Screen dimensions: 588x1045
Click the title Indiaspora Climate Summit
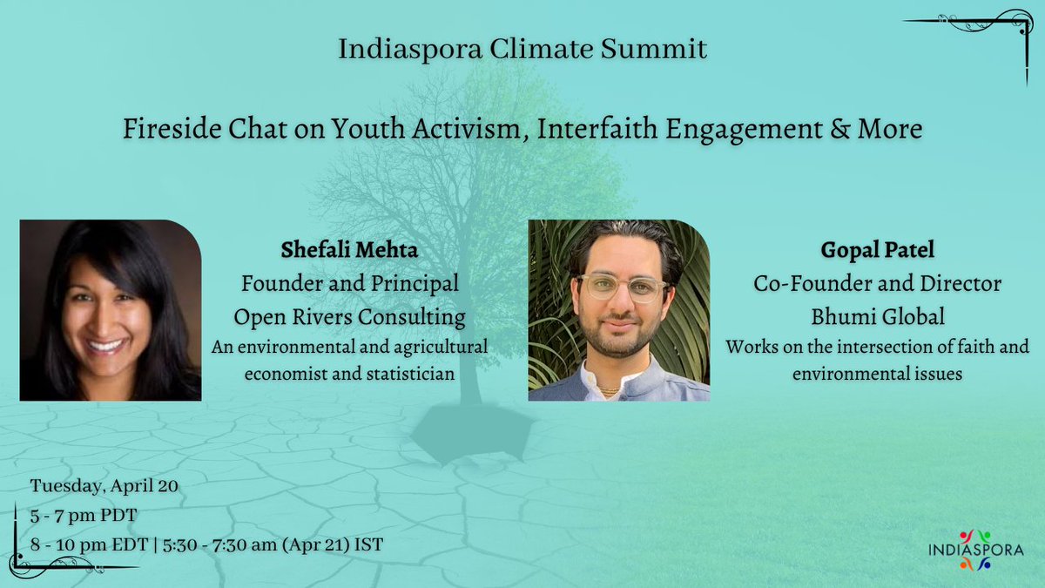coord(522,50)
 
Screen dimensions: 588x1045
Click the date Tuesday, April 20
coord(104,486)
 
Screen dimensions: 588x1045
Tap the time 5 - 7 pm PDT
coord(84,515)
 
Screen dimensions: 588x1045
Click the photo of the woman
coord(111,310)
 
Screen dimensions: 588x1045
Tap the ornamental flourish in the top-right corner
coord(975,35)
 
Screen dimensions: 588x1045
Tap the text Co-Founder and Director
coord(877,284)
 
